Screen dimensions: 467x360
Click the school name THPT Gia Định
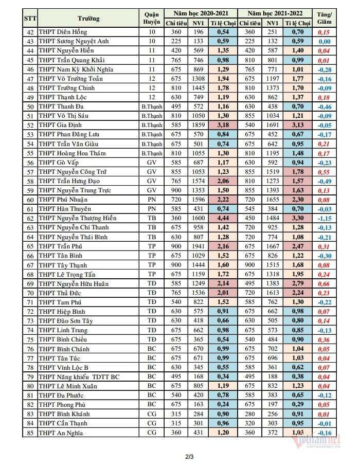(x=60, y=125)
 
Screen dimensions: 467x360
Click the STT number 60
(x=29, y=200)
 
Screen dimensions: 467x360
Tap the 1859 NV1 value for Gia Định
(x=199, y=125)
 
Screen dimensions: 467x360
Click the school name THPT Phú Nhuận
(x=63, y=200)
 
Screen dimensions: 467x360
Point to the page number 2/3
(x=179, y=456)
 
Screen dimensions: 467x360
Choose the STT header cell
(x=29, y=19)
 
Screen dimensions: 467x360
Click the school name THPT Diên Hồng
(x=62, y=32)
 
